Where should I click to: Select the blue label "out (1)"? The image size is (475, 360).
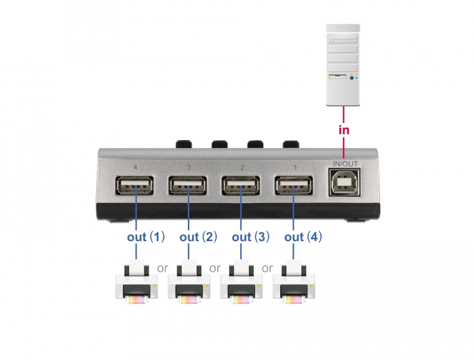(146, 237)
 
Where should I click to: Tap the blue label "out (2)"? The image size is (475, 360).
(198, 237)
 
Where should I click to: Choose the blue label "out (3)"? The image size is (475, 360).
(251, 237)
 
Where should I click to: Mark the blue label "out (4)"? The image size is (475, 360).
(303, 237)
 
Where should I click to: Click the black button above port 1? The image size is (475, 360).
(290, 145)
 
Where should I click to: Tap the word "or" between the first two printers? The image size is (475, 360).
(162, 268)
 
